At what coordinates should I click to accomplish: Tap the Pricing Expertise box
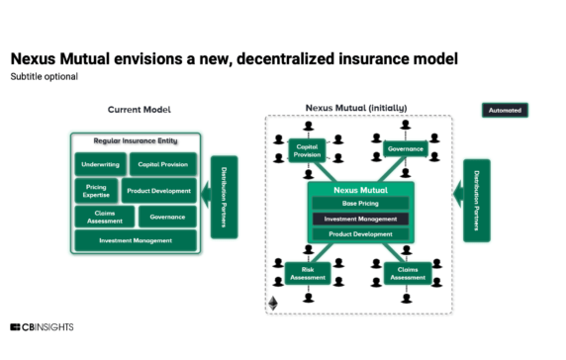(96, 190)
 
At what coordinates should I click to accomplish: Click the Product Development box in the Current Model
(159, 190)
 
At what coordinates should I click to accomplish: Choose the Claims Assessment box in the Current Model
(104, 216)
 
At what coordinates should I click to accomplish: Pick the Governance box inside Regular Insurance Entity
(163, 216)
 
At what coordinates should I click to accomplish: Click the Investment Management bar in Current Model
(135, 240)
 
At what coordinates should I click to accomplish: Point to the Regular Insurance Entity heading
(135, 141)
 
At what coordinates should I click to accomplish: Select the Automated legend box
(505, 110)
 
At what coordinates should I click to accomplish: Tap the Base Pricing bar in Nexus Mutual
(361, 203)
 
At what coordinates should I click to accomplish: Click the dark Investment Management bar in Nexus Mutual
(361, 219)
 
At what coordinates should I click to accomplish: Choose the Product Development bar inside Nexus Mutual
(361, 234)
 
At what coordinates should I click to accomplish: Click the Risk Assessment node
(306, 274)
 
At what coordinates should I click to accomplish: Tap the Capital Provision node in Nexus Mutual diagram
(307, 151)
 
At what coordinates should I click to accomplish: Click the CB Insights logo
(42, 327)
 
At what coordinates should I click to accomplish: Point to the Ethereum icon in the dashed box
(274, 303)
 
